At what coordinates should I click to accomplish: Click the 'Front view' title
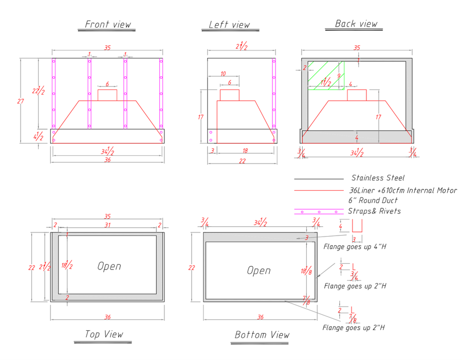[108, 24]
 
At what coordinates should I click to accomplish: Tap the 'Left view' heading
[229, 25]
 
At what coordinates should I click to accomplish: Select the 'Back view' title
[356, 24]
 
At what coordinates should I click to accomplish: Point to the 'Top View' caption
[104, 334]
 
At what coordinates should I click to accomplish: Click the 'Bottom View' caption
[262, 335]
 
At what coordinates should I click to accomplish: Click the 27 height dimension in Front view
[21, 101]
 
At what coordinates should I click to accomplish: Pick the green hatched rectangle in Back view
[326, 76]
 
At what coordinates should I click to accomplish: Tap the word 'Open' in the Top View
[109, 266]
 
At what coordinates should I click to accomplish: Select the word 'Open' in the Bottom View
[258, 271]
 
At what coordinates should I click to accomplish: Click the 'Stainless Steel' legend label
[378, 178]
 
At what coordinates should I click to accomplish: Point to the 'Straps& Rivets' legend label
[374, 211]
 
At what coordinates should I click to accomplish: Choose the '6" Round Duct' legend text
[373, 201]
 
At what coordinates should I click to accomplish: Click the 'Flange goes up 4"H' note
[355, 246]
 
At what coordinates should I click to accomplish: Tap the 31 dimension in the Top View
[108, 225]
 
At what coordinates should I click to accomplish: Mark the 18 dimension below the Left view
[245, 151]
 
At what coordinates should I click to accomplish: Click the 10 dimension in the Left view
[223, 74]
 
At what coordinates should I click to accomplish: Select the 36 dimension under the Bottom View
[261, 317]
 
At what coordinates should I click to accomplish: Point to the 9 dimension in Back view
[339, 76]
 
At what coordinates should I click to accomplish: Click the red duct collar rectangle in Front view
[107, 95]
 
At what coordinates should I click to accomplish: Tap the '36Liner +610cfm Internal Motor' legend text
[403, 190]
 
